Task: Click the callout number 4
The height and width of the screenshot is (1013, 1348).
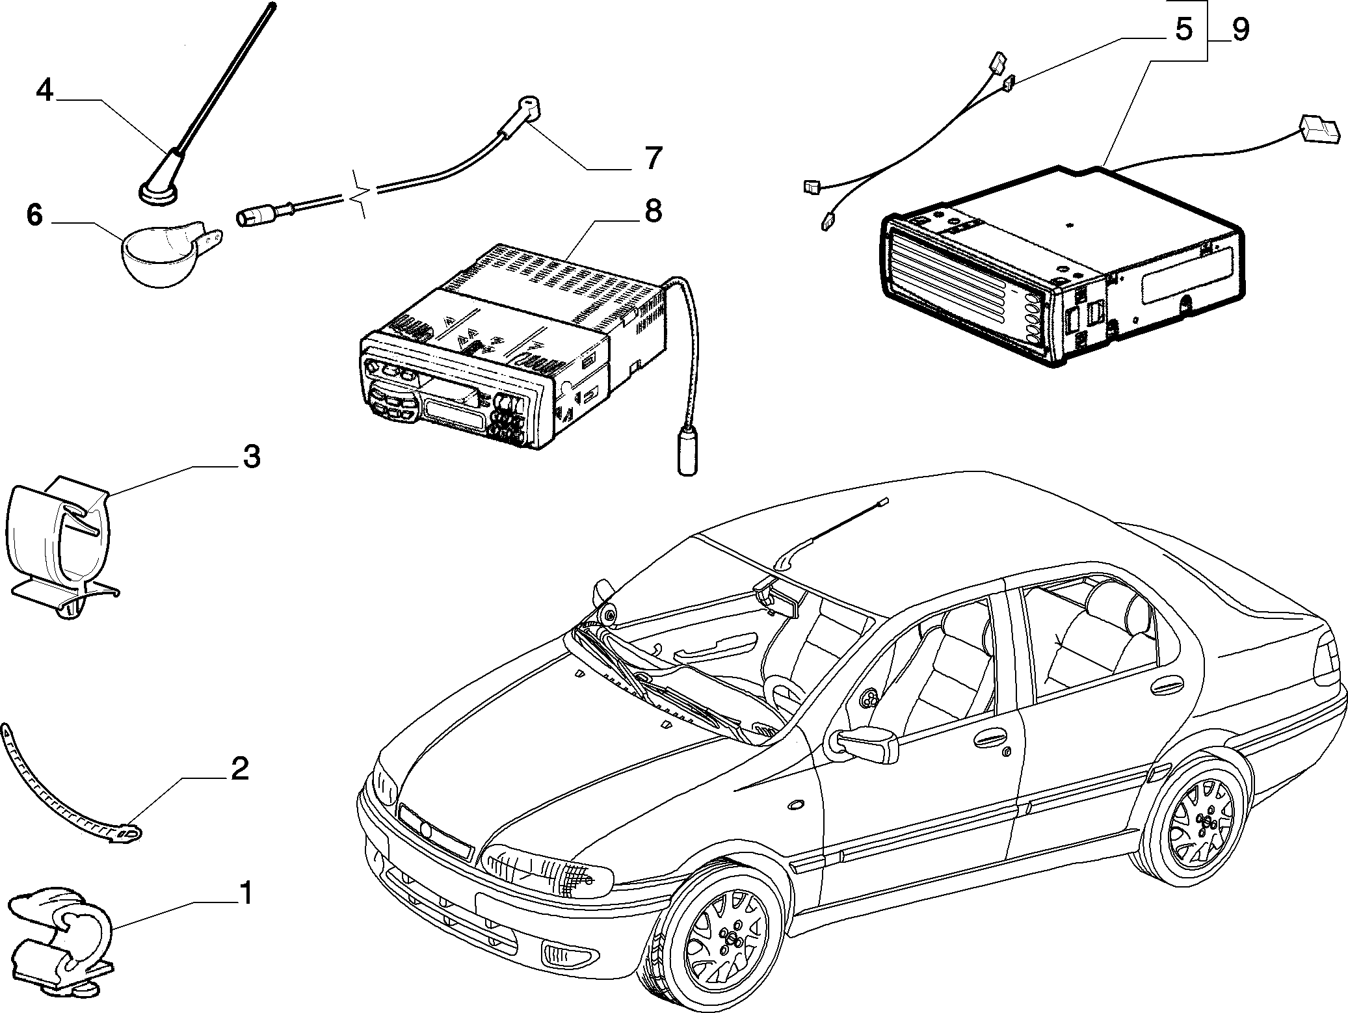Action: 44,90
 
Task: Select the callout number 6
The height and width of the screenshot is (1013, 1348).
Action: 34,215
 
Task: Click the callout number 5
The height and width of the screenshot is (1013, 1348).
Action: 1184,29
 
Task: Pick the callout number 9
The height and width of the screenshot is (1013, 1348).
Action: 1240,30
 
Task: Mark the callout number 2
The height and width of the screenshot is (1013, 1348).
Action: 240,769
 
